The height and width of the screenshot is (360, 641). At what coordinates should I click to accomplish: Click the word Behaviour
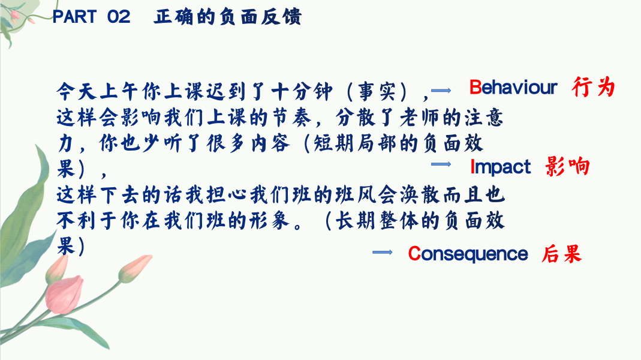coord(513,87)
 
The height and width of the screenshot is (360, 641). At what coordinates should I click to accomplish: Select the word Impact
coord(500,167)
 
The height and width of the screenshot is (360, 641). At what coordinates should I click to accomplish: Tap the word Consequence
coord(468,254)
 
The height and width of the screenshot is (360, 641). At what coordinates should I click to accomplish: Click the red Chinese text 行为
coord(594,87)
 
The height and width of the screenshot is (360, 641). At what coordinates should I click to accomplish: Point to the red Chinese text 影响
coord(567,167)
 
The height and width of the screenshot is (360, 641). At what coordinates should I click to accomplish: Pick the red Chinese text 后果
coord(562,254)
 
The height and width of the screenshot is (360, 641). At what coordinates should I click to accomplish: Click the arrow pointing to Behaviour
coord(441,91)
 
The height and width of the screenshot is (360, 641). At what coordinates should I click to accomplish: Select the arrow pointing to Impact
coord(441,164)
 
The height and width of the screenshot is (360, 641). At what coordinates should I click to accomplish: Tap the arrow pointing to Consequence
coord(382,253)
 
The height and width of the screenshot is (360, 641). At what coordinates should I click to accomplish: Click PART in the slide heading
coord(75,17)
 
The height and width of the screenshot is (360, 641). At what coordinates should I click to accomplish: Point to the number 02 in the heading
coord(119,17)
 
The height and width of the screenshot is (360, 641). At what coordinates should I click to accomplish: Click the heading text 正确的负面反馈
coord(228,17)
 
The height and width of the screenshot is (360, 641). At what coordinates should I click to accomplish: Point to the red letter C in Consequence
coord(414,254)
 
